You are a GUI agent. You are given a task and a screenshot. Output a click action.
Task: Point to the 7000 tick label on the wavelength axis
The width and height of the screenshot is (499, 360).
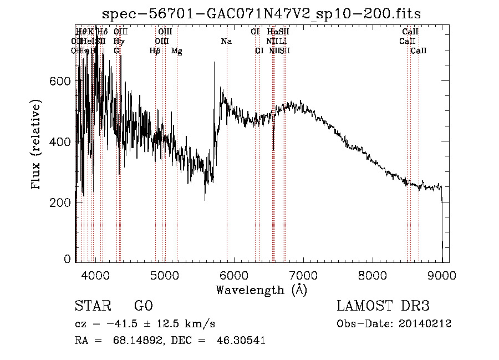pos(303,276)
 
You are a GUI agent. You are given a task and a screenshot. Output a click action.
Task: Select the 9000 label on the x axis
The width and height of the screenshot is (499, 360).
pos(442,276)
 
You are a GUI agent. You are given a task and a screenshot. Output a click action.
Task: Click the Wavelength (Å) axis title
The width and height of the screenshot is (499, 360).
pos(261,290)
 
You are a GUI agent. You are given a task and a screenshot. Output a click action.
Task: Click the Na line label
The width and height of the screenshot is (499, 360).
pos(226,41)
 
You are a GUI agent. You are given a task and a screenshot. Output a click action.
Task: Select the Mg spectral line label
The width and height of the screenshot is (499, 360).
pos(176,51)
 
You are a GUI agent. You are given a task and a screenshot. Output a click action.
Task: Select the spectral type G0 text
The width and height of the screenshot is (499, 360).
pos(143,306)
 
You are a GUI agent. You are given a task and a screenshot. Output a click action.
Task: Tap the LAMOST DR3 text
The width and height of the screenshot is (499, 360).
pos(383,306)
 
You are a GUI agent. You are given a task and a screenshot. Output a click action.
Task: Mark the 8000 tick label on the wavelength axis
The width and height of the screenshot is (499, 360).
pos(372,276)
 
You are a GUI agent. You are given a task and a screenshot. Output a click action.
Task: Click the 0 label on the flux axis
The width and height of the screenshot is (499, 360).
pos(68,259)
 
